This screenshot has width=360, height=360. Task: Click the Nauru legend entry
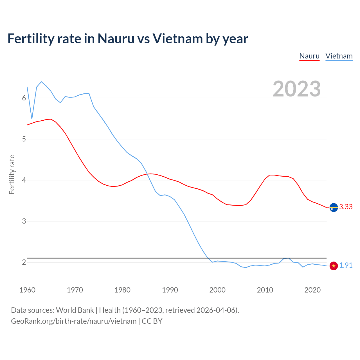click(x=309, y=56)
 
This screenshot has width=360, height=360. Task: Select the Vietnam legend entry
click(x=339, y=56)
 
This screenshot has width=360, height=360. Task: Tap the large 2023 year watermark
click(x=297, y=89)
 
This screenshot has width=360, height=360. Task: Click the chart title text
click(x=128, y=39)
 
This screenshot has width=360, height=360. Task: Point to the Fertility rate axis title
click(x=12, y=174)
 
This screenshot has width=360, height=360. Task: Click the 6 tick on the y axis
click(x=24, y=98)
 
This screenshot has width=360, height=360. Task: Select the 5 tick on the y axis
click(x=24, y=139)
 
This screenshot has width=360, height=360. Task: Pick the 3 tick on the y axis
click(x=24, y=221)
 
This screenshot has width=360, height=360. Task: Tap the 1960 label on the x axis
click(x=27, y=290)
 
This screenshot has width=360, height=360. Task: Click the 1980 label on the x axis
click(x=122, y=290)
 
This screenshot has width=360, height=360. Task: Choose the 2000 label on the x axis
click(x=217, y=290)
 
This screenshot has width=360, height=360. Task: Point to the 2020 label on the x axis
click(x=312, y=290)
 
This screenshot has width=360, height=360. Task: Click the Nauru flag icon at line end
click(x=334, y=207)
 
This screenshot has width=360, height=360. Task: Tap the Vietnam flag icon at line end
click(x=334, y=266)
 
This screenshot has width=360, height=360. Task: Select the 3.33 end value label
click(x=346, y=207)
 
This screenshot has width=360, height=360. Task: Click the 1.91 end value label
click(x=346, y=265)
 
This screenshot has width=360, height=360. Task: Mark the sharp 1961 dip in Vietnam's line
click(x=32, y=119)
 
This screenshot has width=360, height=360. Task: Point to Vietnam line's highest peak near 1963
click(x=41, y=82)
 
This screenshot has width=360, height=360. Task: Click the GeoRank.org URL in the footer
click(x=74, y=321)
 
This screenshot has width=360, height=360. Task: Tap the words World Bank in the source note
click(x=75, y=310)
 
